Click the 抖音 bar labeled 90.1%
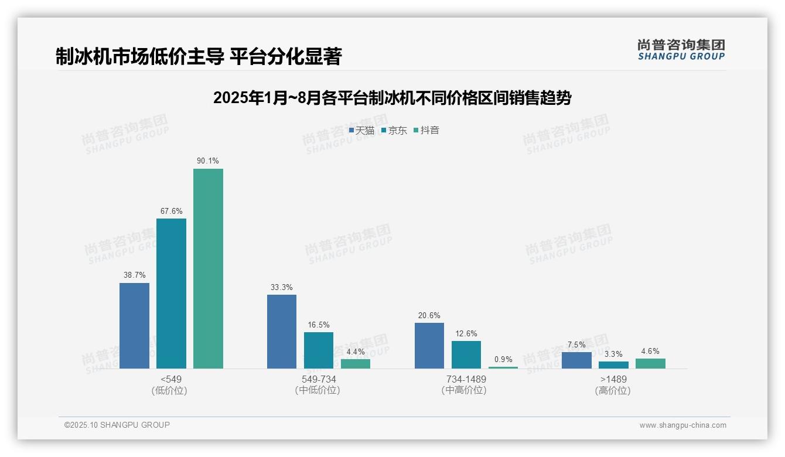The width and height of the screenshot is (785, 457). click(x=208, y=268)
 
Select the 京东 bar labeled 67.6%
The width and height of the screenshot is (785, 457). click(x=171, y=293)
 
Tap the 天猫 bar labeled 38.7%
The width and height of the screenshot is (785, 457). click(x=134, y=325)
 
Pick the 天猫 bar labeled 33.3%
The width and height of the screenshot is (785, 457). click(x=282, y=331)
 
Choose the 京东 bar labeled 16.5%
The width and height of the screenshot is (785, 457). click(x=319, y=350)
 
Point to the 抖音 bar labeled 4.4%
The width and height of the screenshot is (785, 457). click(x=356, y=363)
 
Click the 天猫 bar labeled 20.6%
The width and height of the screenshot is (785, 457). click(x=429, y=345)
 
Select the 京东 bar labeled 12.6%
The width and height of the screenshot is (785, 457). click(x=466, y=354)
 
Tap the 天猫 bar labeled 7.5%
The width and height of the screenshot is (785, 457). click(x=576, y=360)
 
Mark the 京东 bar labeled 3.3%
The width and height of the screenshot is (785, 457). click(x=613, y=364)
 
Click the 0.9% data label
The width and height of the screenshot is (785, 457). click(x=503, y=359)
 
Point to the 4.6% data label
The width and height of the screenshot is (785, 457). click(x=650, y=351)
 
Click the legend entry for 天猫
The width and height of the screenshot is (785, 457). click(x=361, y=130)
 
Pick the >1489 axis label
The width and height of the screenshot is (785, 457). click(x=613, y=379)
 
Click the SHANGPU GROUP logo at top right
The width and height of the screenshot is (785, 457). click(x=681, y=50)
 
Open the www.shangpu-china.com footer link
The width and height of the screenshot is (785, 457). click(x=682, y=425)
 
